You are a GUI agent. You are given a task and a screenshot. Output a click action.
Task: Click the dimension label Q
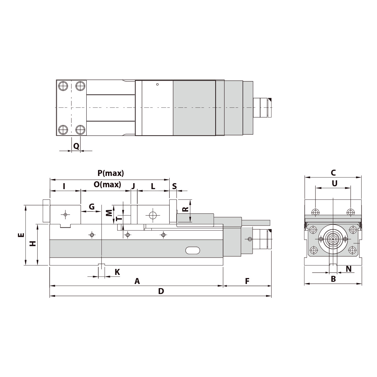tap(76, 146)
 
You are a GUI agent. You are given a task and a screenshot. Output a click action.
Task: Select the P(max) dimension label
tap(111, 173)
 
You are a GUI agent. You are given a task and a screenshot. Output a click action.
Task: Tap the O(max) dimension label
tap(107, 185)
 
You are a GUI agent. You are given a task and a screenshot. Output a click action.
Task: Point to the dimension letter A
tap(137, 281)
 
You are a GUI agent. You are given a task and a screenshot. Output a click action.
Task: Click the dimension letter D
tap(161, 291)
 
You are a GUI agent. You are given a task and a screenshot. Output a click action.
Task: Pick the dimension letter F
tap(247, 281)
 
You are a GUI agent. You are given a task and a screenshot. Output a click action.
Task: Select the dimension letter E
tap(21, 235)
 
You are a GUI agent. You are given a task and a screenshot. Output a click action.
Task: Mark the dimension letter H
tap(33, 243)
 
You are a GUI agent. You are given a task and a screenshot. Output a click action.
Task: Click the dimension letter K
tap(117, 272)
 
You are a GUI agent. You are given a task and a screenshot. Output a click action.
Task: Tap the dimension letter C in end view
tap(333, 172)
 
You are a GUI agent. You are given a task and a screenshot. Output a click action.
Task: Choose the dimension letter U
tap(334, 183)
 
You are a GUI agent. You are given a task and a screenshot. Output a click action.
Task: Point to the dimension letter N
tap(348, 269)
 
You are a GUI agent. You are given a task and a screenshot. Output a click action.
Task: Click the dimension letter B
tap(333, 279)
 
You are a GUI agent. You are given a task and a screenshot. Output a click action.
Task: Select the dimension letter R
tap(186, 209)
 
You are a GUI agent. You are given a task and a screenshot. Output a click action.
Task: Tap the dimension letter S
tap(174, 186)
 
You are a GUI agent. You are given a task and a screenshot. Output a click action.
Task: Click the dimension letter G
tap(91, 207)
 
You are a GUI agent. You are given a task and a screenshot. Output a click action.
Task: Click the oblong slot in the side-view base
tap(193, 250)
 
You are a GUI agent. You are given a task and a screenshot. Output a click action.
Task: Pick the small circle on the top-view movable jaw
tap(158, 84)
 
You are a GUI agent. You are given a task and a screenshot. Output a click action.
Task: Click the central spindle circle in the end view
tap(332, 239)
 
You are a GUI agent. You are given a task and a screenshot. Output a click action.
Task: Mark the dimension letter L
tap(153, 186)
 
